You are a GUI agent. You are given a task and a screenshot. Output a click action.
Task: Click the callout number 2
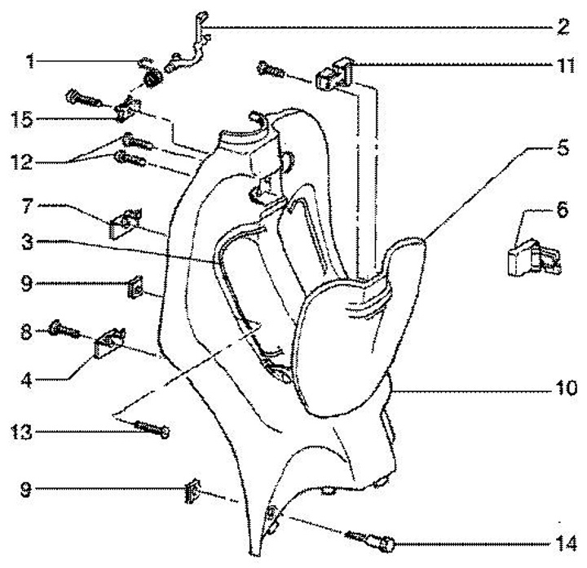(x=563, y=27)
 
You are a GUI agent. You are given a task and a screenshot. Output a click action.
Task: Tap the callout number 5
(x=563, y=148)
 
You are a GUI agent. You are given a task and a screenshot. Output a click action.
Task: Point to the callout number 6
(x=563, y=210)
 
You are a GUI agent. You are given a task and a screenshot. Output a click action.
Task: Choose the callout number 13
(x=22, y=432)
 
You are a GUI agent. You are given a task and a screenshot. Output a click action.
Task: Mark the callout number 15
(x=22, y=119)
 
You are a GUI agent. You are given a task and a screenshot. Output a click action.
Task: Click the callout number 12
(x=22, y=162)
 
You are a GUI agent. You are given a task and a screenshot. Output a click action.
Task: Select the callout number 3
(x=27, y=242)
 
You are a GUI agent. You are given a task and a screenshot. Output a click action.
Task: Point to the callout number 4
(x=27, y=380)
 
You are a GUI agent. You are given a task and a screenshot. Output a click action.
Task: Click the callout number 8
(x=26, y=331)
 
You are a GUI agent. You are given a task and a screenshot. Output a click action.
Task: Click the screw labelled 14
(x=369, y=541)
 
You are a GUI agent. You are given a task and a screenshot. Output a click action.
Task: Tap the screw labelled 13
(x=152, y=428)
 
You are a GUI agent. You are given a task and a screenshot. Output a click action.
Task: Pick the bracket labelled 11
(x=335, y=73)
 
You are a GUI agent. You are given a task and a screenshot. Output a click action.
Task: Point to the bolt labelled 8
(x=64, y=329)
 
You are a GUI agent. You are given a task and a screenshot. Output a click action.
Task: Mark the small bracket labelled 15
(x=128, y=109)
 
